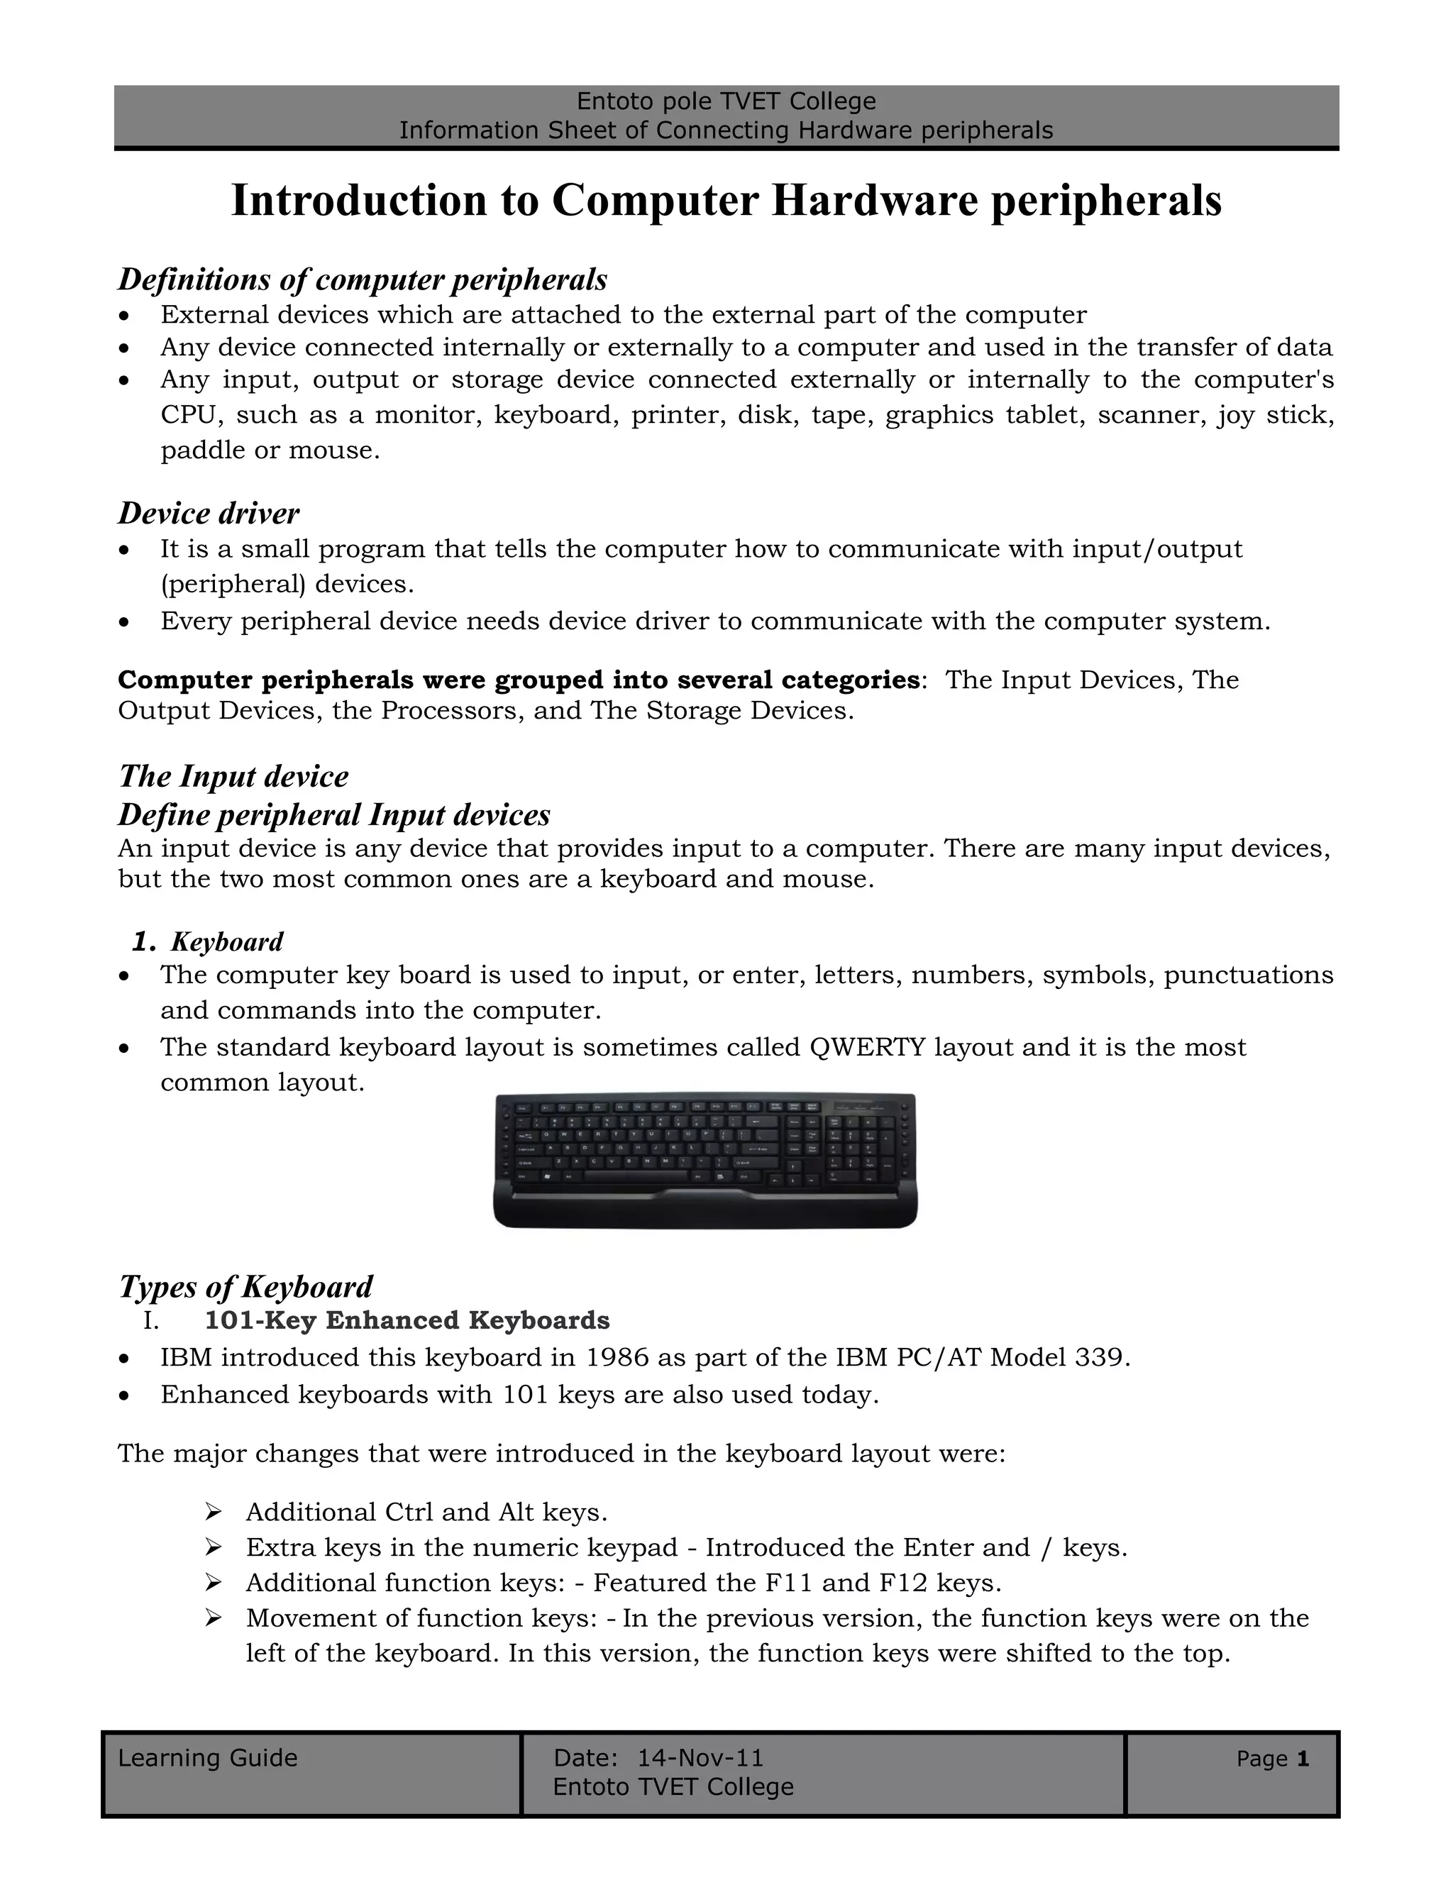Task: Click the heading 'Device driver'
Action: (x=209, y=513)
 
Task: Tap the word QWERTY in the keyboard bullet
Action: (x=867, y=1048)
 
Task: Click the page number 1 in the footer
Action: (x=1303, y=1759)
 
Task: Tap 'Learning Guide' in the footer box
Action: (x=207, y=1758)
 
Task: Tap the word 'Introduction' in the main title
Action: (x=359, y=201)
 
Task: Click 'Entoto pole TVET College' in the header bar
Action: (x=726, y=101)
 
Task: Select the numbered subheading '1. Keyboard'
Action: (x=207, y=941)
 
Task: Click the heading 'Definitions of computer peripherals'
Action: (x=363, y=280)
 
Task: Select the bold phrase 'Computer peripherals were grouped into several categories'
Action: (x=518, y=680)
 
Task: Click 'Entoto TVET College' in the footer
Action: (x=673, y=1787)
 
